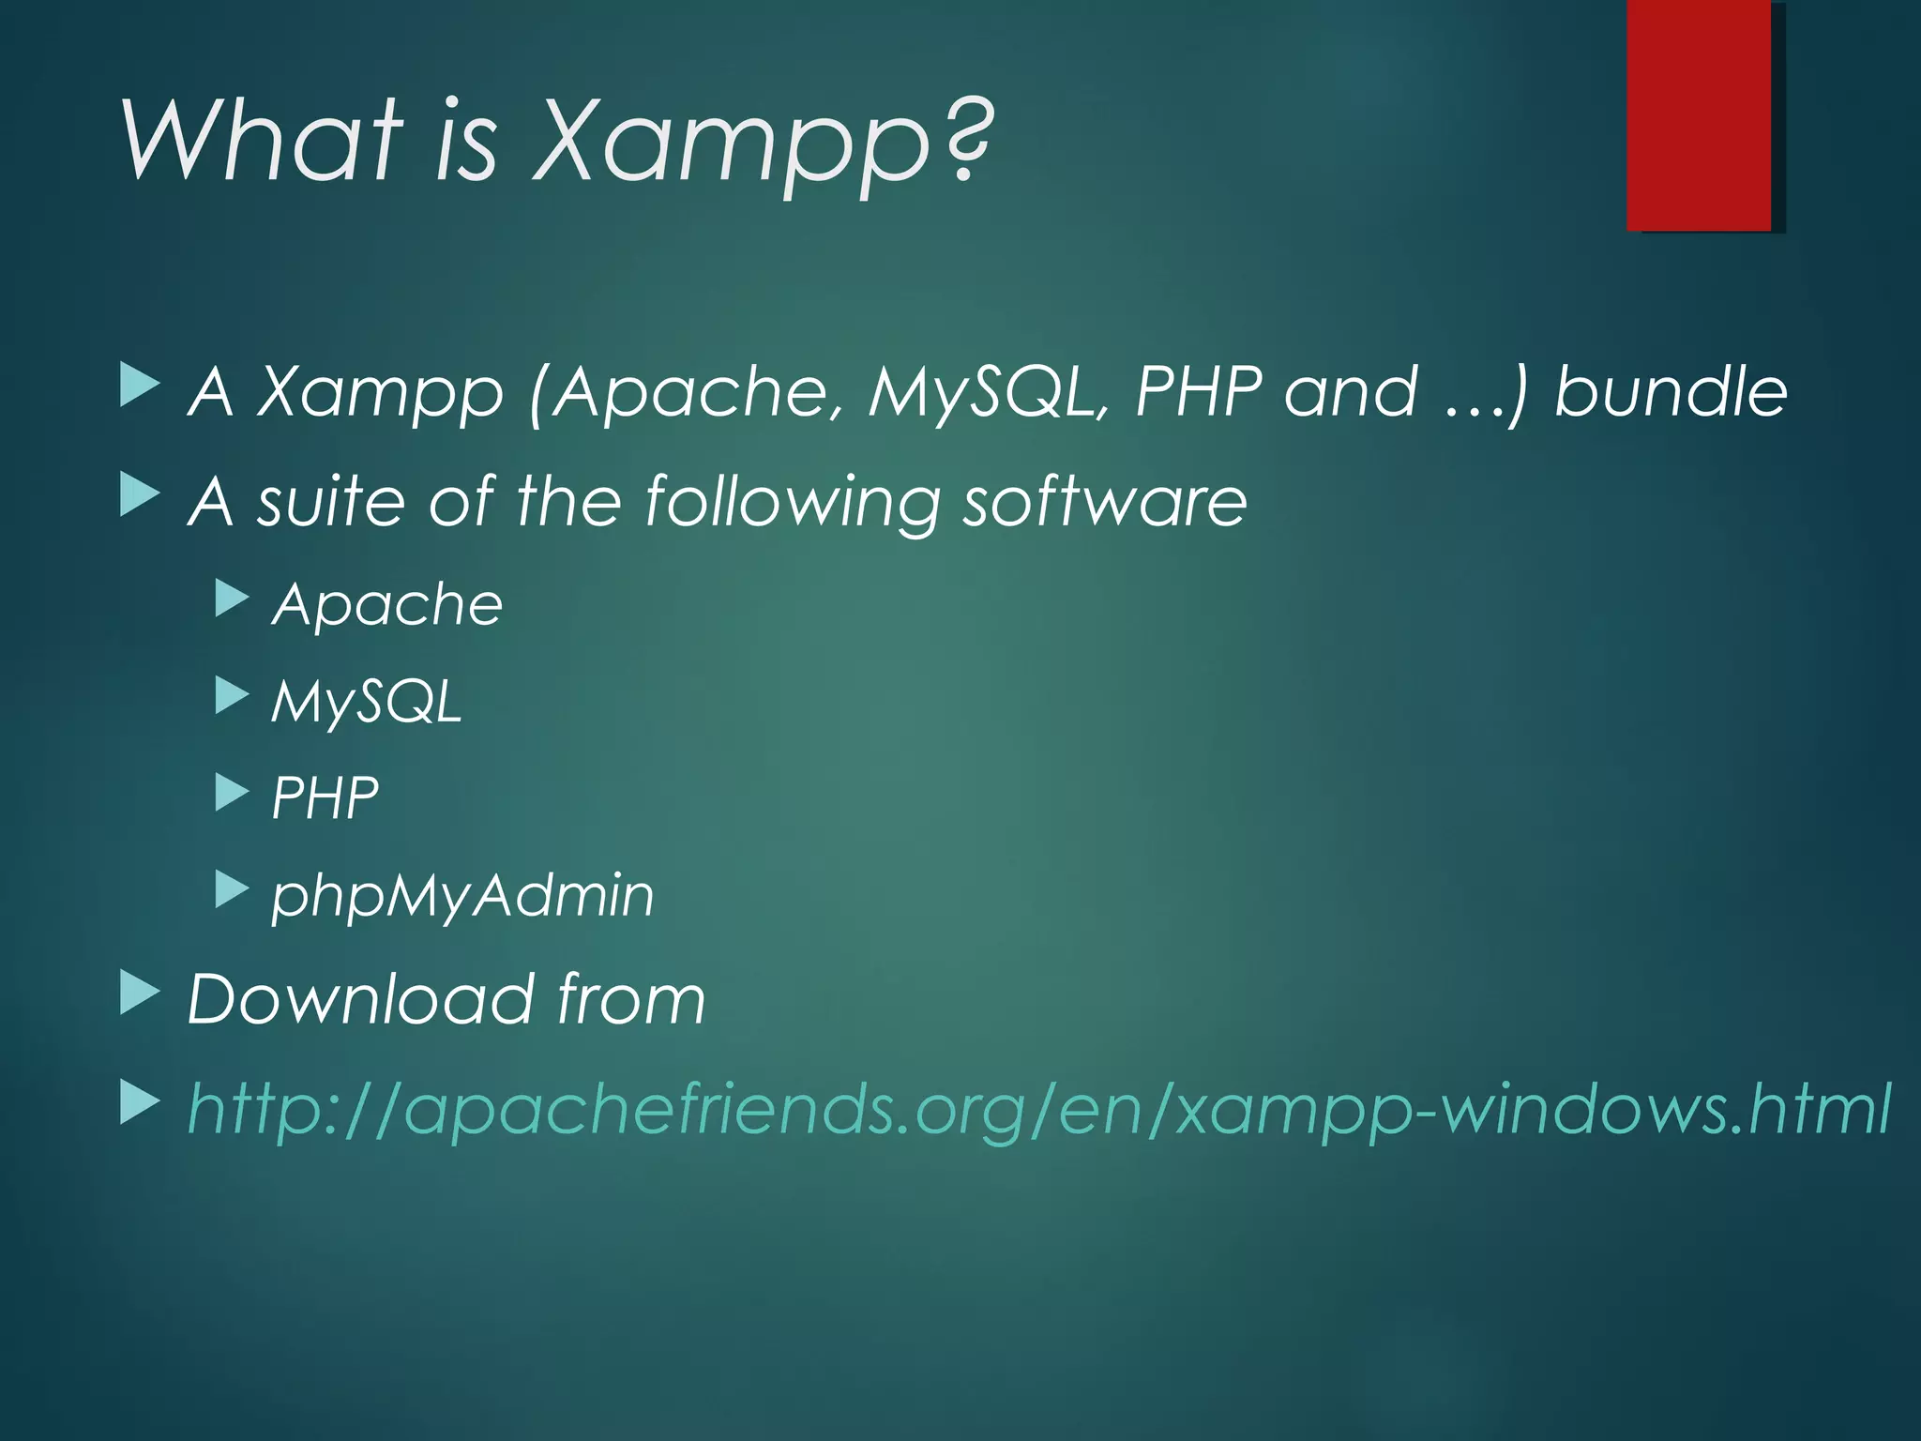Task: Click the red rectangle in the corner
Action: coord(1699,114)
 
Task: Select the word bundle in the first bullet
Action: coord(1671,392)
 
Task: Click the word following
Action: coord(793,501)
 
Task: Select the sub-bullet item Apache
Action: coord(387,604)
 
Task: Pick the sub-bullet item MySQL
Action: coord(367,701)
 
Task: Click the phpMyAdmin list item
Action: coord(462,895)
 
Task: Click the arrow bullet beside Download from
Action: coord(140,994)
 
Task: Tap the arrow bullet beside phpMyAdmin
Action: coord(231,889)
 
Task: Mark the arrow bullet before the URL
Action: coord(140,1103)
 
